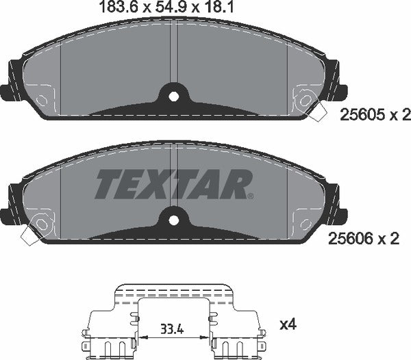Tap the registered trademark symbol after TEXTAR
251,196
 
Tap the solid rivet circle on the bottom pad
40,223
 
